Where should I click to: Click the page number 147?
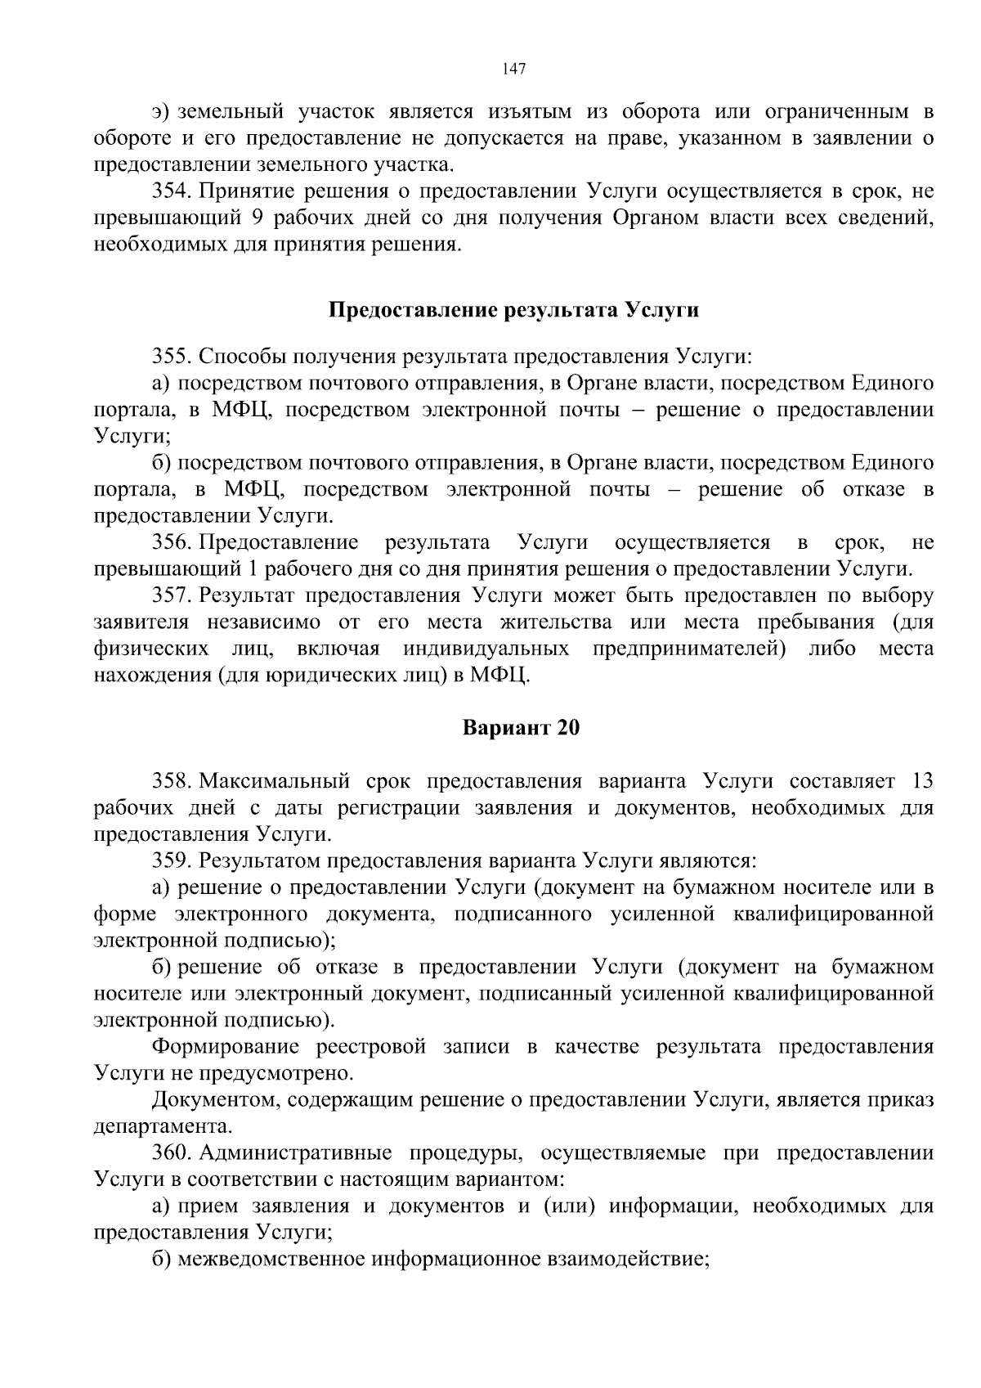pyautogui.click(x=514, y=69)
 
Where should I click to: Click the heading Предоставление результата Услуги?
pyautogui.click(x=513, y=310)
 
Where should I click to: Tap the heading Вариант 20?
pyautogui.click(x=521, y=727)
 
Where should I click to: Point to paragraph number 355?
pyautogui.click(x=171, y=357)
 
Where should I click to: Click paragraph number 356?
pyautogui.click(x=171, y=542)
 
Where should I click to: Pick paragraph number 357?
pyautogui.click(x=171, y=595)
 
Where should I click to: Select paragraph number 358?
pyautogui.click(x=171, y=780)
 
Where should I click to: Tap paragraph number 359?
pyautogui.click(x=171, y=860)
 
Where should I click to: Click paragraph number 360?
pyautogui.click(x=171, y=1153)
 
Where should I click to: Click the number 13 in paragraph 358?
pyautogui.click(x=921, y=780)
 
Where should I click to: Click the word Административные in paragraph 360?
pyautogui.click(x=298, y=1153)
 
